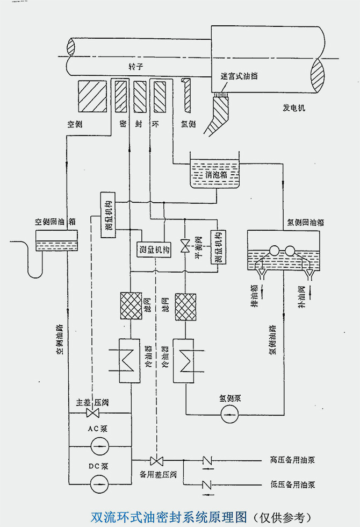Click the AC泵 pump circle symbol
pyautogui.click(x=99, y=446)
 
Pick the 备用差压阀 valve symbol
pyautogui.click(x=157, y=461)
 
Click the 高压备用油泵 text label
pyautogui.click(x=292, y=460)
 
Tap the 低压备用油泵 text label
pyautogui.click(x=292, y=484)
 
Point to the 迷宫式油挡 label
pyautogui.click(x=239, y=76)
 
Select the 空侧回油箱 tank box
pyautogui.click(x=56, y=240)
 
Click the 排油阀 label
pyautogui.click(x=254, y=296)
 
